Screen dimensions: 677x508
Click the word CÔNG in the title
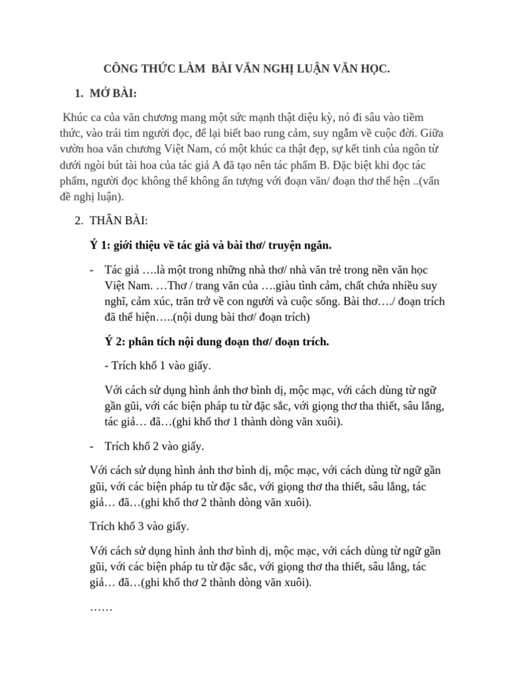click(121, 69)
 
